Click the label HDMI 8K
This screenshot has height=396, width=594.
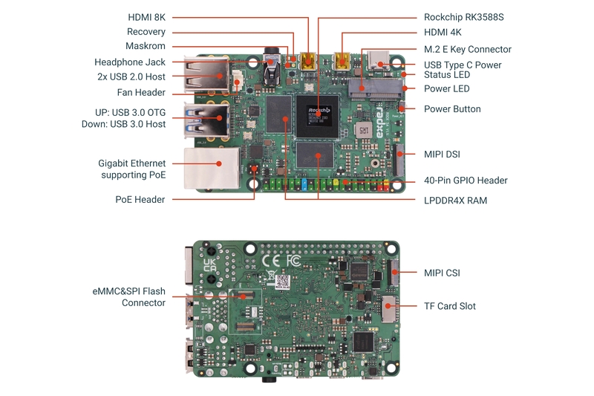tap(146, 16)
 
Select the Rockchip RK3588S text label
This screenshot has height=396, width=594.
tap(468, 16)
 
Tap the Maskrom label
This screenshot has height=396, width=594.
tap(146, 46)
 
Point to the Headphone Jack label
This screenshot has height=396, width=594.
tap(130, 62)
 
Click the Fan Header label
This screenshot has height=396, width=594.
tap(141, 93)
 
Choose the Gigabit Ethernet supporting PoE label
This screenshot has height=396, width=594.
tap(132, 169)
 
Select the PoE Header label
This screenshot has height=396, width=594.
tap(140, 199)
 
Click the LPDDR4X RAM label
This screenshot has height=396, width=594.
tap(455, 200)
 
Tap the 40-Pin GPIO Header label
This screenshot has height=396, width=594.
tap(466, 180)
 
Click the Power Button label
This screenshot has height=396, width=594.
tap(452, 108)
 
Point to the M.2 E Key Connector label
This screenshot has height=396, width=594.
tap(467, 49)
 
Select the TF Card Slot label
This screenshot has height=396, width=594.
tap(449, 305)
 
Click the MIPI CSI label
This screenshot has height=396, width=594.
tap(442, 273)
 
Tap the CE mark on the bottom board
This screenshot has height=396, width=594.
tap(272, 262)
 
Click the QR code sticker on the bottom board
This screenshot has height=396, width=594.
tap(281, 282)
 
